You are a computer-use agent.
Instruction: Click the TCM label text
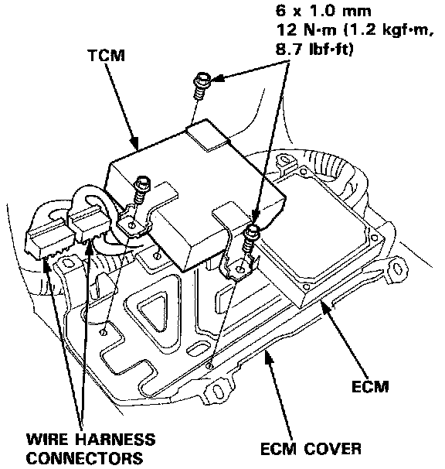point(107,56)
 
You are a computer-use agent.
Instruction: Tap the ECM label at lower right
point(370,386)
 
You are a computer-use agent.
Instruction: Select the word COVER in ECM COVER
point(332,449)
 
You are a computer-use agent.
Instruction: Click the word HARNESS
point(115,440)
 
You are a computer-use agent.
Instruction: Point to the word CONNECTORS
point(86,458)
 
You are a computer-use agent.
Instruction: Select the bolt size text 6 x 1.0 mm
point(323,11)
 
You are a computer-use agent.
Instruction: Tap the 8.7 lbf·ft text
point(314,49)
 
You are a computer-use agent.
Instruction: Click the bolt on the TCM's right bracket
point(251,238)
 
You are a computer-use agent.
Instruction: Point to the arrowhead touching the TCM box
point(135,144)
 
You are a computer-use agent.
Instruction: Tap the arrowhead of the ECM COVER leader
point(269,357)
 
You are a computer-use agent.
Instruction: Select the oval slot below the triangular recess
point(197,348)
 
